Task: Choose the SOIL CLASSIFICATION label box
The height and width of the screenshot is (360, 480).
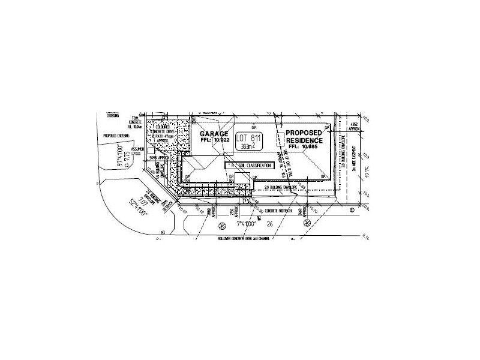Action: tap(249, 165)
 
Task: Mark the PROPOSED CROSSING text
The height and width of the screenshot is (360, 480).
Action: tap(117, 136)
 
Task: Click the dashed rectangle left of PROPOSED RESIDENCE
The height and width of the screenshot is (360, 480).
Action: tap(280, 139)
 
